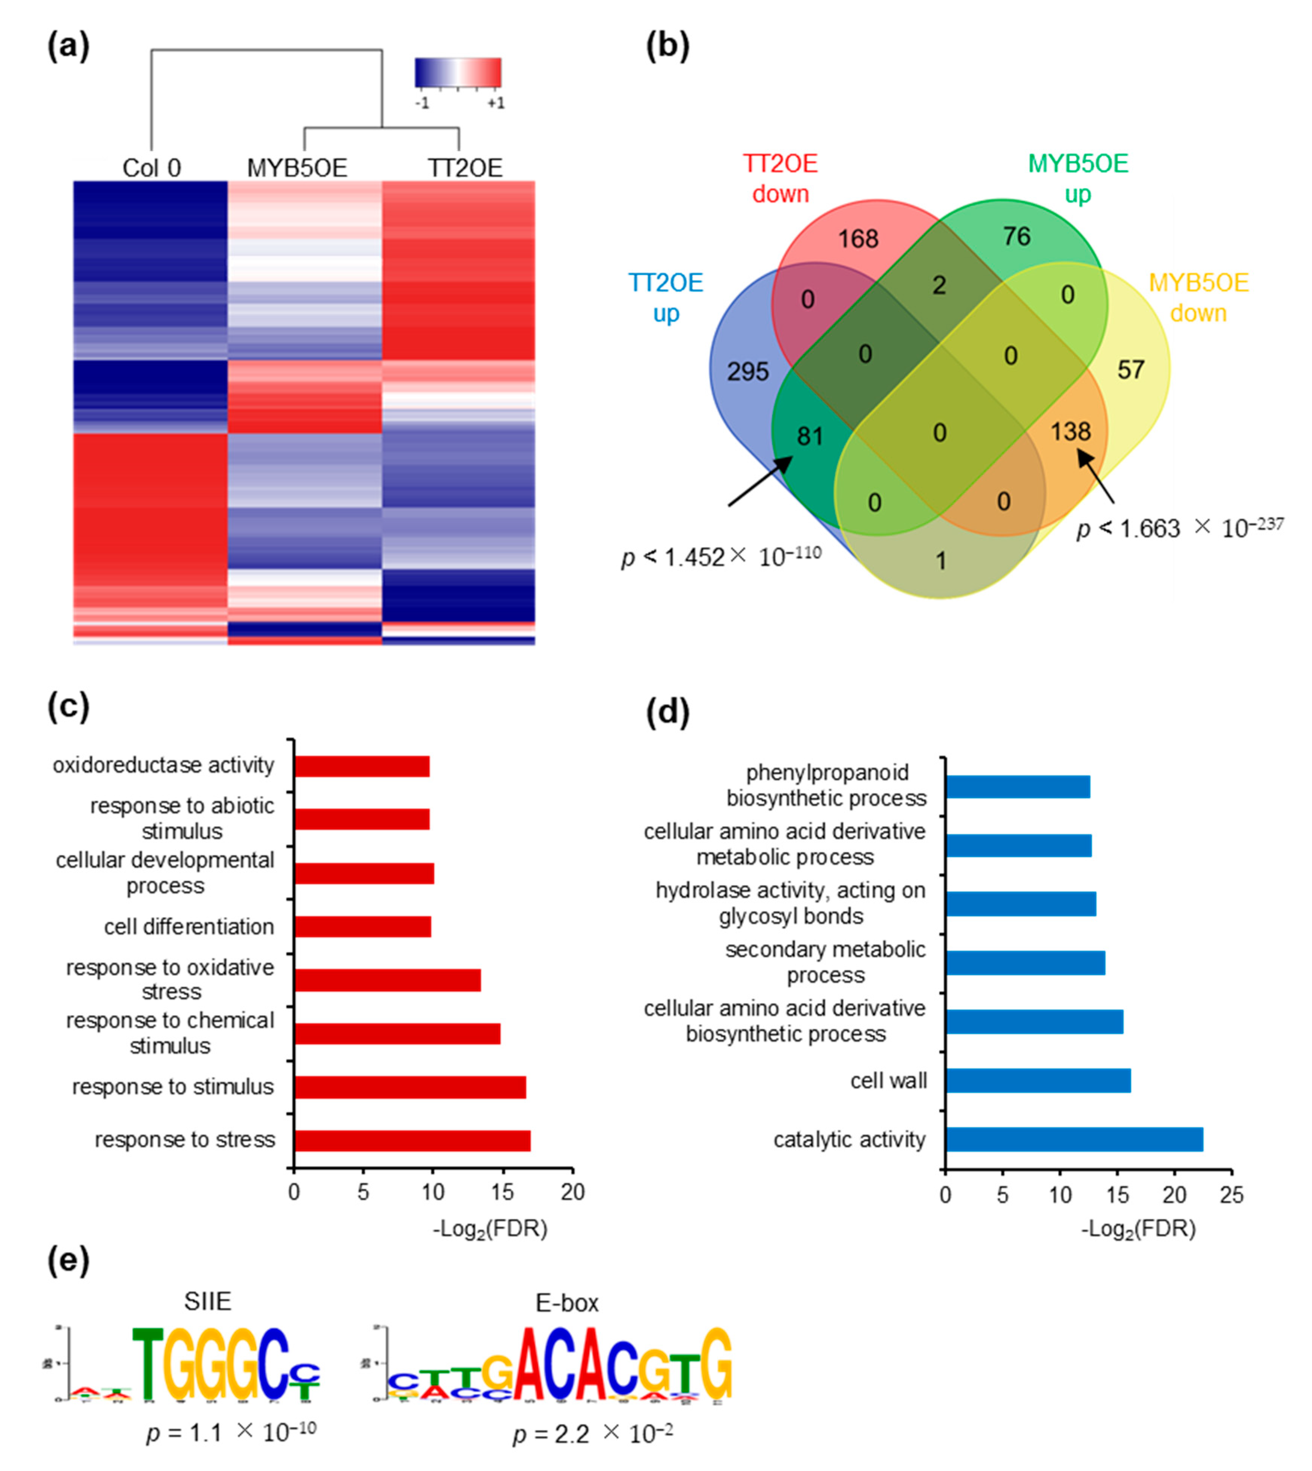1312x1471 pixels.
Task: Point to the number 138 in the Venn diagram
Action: click(1070, 431)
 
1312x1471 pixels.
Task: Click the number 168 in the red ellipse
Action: click(858, 239)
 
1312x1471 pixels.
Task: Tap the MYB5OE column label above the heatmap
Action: click(297, 168)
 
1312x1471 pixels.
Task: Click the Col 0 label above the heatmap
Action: click(152, 168)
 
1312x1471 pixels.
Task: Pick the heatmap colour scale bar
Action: click(458, 73)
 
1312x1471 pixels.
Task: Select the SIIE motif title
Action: click(208, 1302)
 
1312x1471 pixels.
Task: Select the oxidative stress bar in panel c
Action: click(387, 980)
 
